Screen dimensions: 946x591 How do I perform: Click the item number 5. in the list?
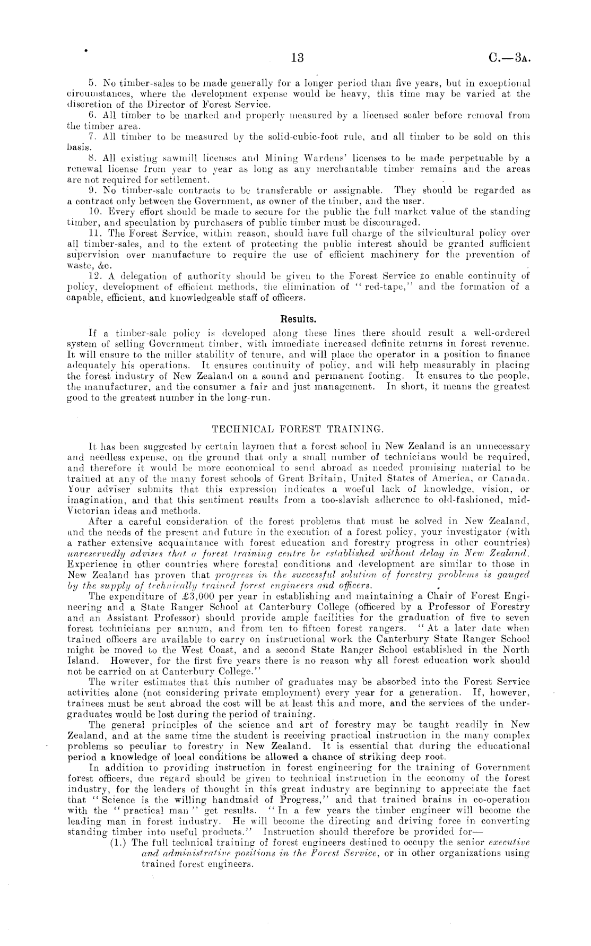coord(91,83)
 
